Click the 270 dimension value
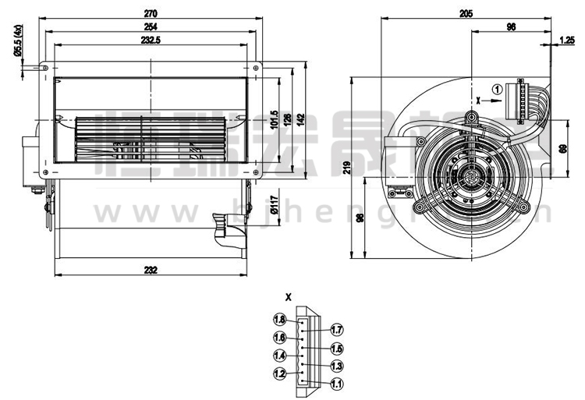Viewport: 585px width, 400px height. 151,12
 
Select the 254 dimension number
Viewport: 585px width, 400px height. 151,27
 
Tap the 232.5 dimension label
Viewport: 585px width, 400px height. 151,41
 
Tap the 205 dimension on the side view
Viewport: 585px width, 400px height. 466,12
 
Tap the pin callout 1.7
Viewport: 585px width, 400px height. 337,328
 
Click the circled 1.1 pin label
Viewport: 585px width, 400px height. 337,384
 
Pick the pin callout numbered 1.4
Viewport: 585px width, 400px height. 279,356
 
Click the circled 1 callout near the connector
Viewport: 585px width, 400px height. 496,90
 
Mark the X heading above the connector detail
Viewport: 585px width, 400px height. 289,297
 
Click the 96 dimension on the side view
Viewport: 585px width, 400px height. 511,27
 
